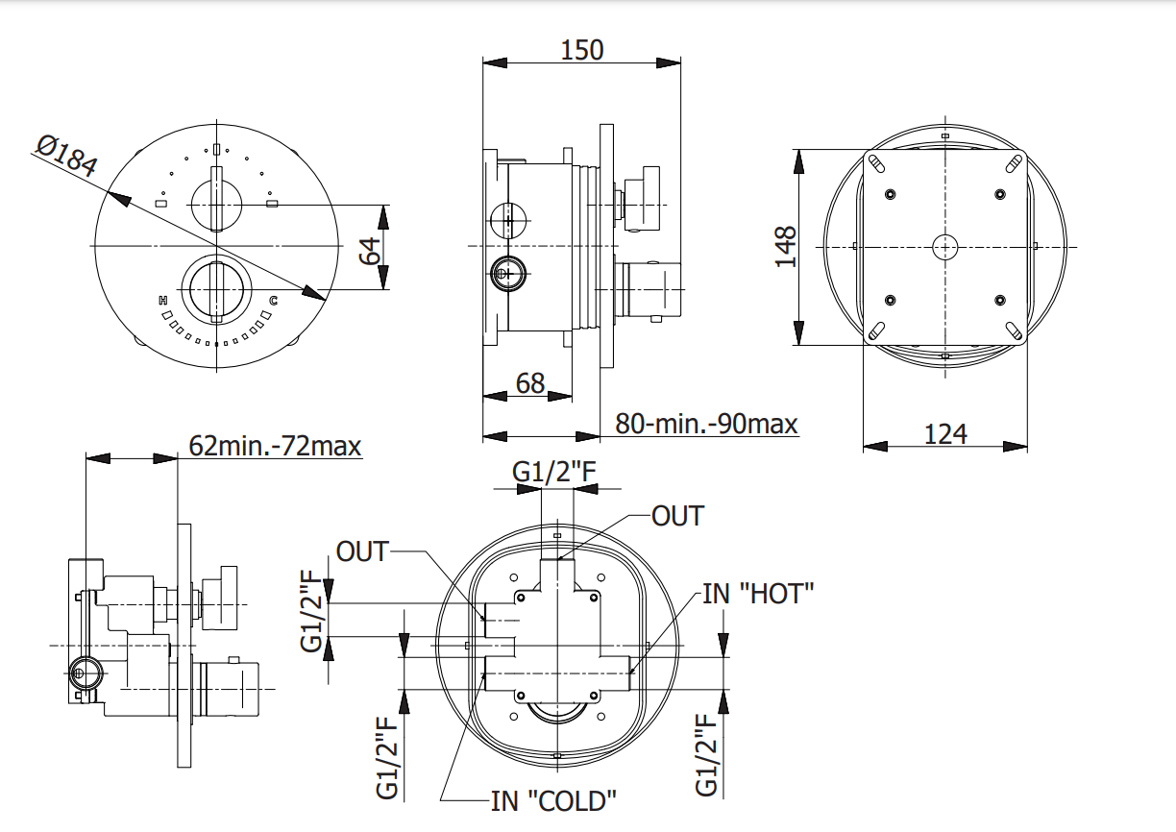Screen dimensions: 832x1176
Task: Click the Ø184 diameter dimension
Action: pos(67,158)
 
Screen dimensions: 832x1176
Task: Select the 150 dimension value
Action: pos(582,49)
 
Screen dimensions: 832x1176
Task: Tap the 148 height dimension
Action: pos(786,246)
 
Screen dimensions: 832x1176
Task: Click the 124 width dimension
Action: pos(945,433)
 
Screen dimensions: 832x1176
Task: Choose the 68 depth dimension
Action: pos(530,383)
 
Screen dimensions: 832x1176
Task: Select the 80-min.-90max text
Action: pos(706,423)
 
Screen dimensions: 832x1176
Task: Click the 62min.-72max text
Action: pos(275,446)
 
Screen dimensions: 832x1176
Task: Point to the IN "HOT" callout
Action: pos(759,593)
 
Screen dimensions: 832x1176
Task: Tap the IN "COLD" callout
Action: pos(553,800)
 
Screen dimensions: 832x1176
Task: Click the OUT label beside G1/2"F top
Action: pos(677,516)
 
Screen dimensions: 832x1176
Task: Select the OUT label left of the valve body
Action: pos(362,551)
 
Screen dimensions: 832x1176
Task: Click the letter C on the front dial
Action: pos(273,301)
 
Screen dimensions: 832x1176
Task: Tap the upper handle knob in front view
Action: pos(217,201)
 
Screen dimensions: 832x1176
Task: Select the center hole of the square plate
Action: pos(945,247)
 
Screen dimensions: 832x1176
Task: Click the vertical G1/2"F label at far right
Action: pos(707,754)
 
